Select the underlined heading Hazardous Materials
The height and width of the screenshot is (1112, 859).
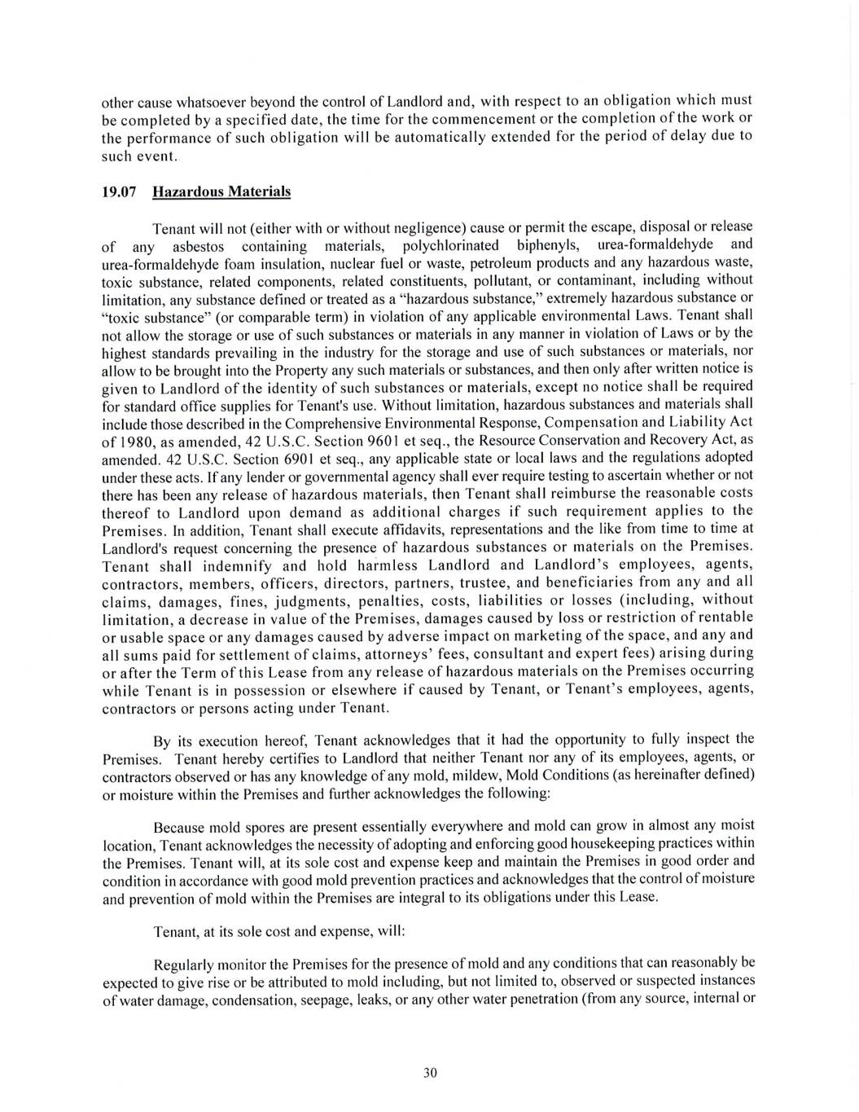[221, 192]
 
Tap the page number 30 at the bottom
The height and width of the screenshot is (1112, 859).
[431, 1073]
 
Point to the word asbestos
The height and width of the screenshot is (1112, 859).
[199, 246]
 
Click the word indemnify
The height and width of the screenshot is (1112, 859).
[246, 566]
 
